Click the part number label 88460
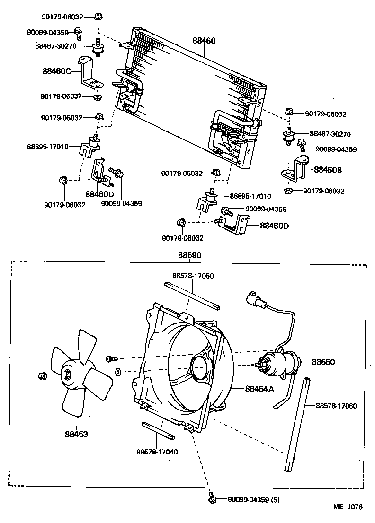[x=204, y=41]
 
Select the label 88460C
[x=56, y=71]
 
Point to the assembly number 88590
[x=189, y=255]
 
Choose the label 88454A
[x=259, y=389]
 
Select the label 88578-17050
[x=192, y=275]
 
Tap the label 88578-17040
[x=157, y=452]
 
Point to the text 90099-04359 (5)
[x=255, y=499]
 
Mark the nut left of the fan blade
[x=42, y=376]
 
